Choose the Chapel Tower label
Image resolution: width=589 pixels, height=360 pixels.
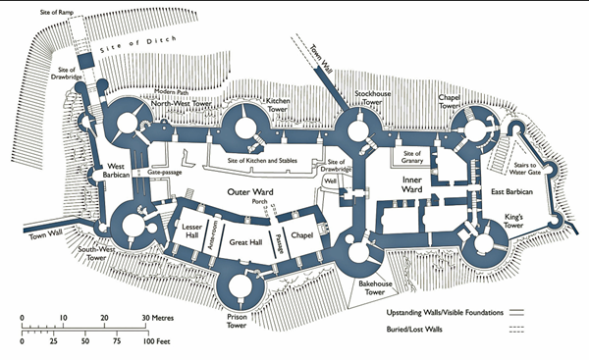coord(452,101)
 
